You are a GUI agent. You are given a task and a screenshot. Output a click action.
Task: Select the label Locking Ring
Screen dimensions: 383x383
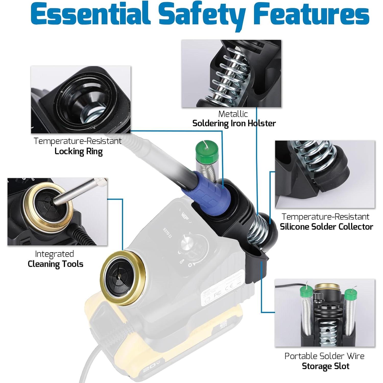coord(79,151)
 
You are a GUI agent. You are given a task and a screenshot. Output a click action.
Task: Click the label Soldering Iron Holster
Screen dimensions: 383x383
coord(234,123)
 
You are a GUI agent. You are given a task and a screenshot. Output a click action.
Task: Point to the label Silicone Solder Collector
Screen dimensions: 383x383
coord(326,226)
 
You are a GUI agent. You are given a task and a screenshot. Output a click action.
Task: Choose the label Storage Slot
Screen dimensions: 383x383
coord(326,366)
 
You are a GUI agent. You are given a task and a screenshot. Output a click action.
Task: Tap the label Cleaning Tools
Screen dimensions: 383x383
coord(55,264)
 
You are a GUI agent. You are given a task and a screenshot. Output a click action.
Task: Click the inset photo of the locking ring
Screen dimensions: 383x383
coord(81,100)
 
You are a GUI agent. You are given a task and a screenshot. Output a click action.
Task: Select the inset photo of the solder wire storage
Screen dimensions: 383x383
coord(325,313)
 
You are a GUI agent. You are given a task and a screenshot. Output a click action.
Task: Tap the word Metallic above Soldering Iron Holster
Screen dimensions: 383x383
coord(233,114)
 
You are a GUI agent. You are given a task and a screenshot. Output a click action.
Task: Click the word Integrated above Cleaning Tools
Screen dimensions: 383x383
coord(54,254)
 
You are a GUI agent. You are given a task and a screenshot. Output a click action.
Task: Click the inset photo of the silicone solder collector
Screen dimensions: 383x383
coord(325,174)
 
